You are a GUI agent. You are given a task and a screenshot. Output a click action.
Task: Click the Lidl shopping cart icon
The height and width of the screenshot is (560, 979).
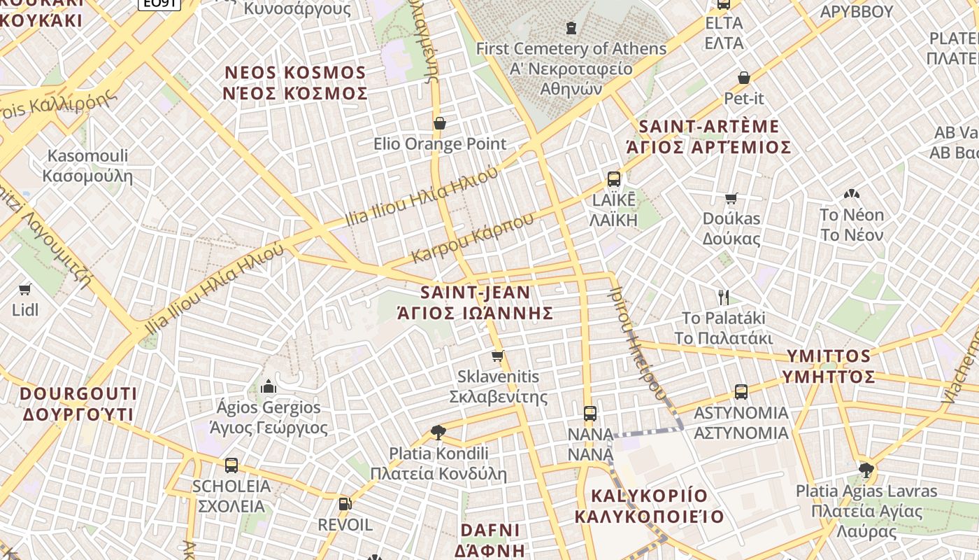[25, 288]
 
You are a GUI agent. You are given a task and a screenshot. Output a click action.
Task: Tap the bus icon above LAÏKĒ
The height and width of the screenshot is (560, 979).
[614, 179]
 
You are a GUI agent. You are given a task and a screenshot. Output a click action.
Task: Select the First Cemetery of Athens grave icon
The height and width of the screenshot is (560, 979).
[571, 28]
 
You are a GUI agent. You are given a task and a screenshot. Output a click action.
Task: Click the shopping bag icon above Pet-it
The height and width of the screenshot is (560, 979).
[743, 78]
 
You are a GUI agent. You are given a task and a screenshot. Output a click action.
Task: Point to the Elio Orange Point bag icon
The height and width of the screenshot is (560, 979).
[440, 124]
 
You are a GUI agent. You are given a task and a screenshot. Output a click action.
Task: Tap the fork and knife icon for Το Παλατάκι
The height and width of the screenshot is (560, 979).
[724, 297]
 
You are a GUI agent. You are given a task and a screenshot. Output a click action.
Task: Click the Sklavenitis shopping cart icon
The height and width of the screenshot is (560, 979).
[498, 356]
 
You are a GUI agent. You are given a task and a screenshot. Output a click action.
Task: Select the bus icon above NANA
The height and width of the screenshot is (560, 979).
[590, 413]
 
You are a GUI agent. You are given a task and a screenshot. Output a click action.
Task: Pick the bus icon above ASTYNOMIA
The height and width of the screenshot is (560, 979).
[741, 392]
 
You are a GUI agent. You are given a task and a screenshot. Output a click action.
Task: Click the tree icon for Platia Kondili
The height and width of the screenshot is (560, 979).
[438, 432]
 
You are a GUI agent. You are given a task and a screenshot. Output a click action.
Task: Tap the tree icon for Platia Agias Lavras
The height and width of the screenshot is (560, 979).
[866, 470]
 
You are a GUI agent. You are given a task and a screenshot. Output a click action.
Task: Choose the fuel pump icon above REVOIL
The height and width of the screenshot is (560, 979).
[345, 504]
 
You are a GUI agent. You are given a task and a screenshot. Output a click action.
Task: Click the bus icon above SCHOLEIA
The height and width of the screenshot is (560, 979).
[231, 465]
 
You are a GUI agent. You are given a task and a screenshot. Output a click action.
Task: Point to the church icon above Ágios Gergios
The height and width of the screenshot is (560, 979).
[269, 386]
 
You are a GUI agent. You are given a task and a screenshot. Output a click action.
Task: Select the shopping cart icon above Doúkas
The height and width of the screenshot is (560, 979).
[731, 198]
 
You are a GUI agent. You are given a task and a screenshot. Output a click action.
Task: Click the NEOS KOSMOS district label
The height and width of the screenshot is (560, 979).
[295, 73]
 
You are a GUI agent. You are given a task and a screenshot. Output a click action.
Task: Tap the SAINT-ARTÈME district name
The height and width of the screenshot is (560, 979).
[709, 127]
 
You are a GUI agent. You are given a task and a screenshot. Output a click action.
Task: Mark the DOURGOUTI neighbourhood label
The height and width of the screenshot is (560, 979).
[78, 393]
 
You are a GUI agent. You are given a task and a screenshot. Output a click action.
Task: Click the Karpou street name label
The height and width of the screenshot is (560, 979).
[473, 238]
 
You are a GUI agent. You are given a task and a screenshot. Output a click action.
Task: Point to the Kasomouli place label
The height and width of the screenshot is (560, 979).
[87, 155]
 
